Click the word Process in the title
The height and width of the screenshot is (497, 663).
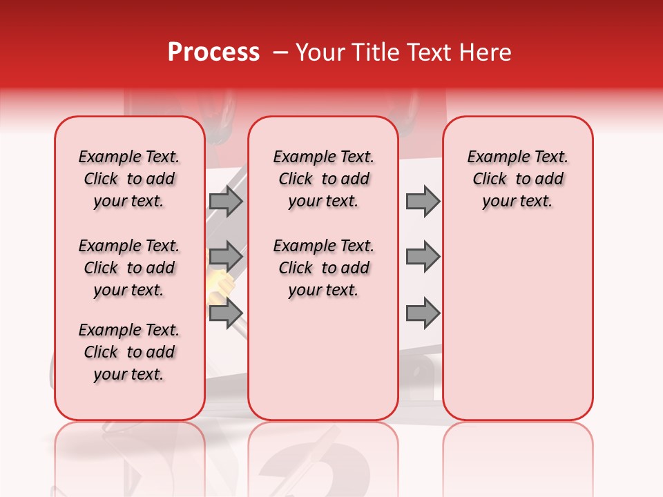coord(213,52)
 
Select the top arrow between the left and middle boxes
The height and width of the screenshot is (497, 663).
coord(225,201)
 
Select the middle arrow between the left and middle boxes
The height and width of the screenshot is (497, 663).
coord(225,257)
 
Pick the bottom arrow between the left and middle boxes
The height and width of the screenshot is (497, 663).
coord(225,313)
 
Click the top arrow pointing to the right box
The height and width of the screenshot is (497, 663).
coord(423,201)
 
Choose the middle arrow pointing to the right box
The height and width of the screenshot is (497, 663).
coord(423,257)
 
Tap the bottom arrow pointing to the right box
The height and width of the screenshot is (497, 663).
coord(423,313)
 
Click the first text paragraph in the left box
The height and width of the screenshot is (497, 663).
coord(129,179)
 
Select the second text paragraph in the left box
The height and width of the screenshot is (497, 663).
coord(129,268)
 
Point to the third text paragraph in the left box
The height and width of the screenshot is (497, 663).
coord(129,352)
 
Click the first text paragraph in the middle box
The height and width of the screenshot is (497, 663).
coord(323,179)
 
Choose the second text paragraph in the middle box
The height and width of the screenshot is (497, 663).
coord(323,268)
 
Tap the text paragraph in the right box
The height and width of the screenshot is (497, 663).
coord(517,179)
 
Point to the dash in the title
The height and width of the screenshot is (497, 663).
coord(281,52)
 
